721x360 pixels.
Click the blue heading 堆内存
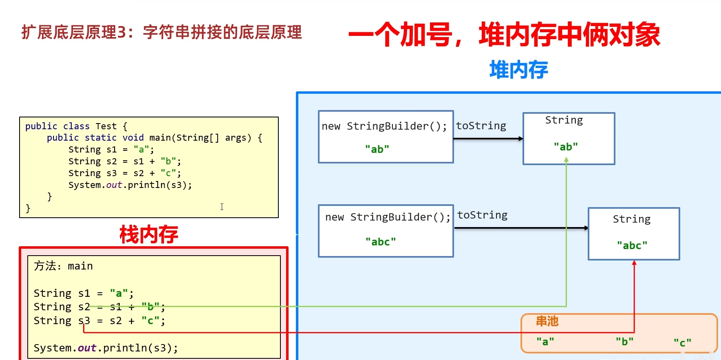click(518, 70)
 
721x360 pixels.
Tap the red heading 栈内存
click(149, 234)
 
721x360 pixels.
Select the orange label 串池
click(547, 321)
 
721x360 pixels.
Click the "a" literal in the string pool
click(545, 341)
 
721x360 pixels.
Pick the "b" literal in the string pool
click(624, 341)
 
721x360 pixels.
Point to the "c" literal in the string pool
click(682, 342)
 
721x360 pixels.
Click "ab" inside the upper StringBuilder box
click(377, 149)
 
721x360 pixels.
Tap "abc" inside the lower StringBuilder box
click(381, 242)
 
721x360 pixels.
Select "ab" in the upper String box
click(566, 147)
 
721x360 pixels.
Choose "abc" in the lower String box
click(632, 245)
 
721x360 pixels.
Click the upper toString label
click(481, 126)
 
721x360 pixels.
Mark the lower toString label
click(482, 215)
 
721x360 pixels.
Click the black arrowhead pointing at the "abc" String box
click(586, 228)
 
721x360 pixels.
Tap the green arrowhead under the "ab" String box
click(566, 160)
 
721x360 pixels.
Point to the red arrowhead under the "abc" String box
click(634, 263)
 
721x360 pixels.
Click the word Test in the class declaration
click(106, 126)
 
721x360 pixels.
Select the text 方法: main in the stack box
click(63, 266)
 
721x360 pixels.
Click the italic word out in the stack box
click(87, 348)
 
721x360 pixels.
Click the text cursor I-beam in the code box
click(222, 207)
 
